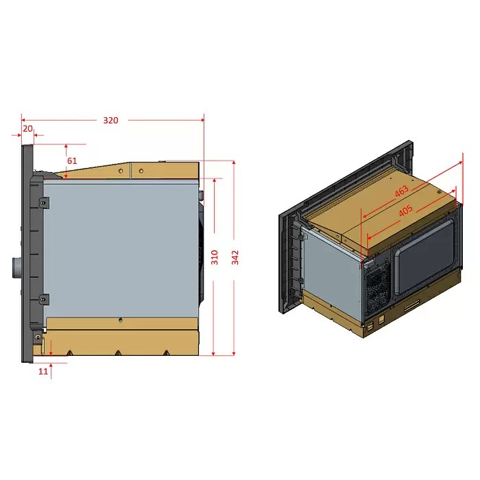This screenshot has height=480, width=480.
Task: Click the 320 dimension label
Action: (x=110, y=120)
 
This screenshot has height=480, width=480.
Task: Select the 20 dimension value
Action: (x=27, y=128)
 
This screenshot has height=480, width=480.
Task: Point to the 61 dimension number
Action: (x=72, y=160)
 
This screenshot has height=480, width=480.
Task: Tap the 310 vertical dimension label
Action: (x=215, y=257)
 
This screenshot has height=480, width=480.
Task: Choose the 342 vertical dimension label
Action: (x=235, y=257)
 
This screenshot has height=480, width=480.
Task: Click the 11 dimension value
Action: (x=43, y=371)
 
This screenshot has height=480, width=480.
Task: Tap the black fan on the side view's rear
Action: (x=202, y=254)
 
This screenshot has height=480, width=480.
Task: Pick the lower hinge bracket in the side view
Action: (x=44, y=299)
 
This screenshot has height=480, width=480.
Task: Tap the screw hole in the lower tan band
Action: (x=120, y=320)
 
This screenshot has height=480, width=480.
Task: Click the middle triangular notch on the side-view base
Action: (x=118, y=353)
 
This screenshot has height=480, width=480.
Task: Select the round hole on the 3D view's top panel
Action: (x=438, y=193)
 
